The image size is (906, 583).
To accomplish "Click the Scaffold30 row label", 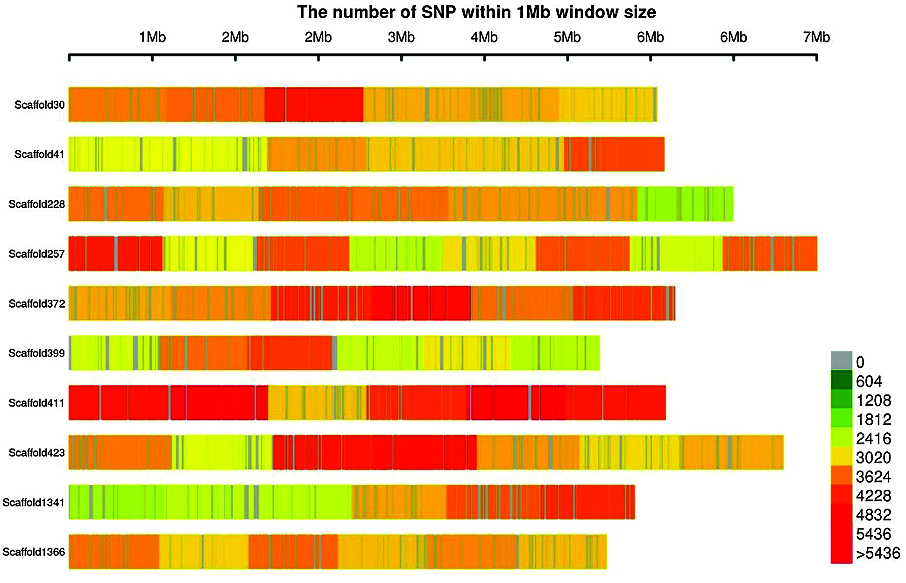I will [39, 105].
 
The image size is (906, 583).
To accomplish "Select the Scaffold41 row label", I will [39, 155].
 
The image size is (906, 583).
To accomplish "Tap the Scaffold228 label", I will [36, 204].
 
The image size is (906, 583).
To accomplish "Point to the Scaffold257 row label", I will [36, 254].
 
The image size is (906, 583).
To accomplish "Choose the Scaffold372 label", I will [36, 303].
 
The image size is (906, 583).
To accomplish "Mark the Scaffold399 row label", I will [36, 353].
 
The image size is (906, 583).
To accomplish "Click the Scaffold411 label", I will [36, 403].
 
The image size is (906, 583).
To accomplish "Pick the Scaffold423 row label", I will [36, 453].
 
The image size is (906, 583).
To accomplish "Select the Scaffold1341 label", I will [34, 502].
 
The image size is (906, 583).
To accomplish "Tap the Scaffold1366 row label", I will [34, 552].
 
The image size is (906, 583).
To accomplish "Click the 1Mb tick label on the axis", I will [152, 37].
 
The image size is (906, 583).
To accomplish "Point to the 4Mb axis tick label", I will [484, 37].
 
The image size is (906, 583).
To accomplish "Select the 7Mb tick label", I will [816, 37].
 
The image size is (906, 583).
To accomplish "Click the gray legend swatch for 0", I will [841, 360].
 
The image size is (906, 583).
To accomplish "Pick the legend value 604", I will [869, 382].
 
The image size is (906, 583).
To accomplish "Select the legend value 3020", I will [873, 458].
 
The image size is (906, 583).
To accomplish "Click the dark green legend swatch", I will [841, 379].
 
